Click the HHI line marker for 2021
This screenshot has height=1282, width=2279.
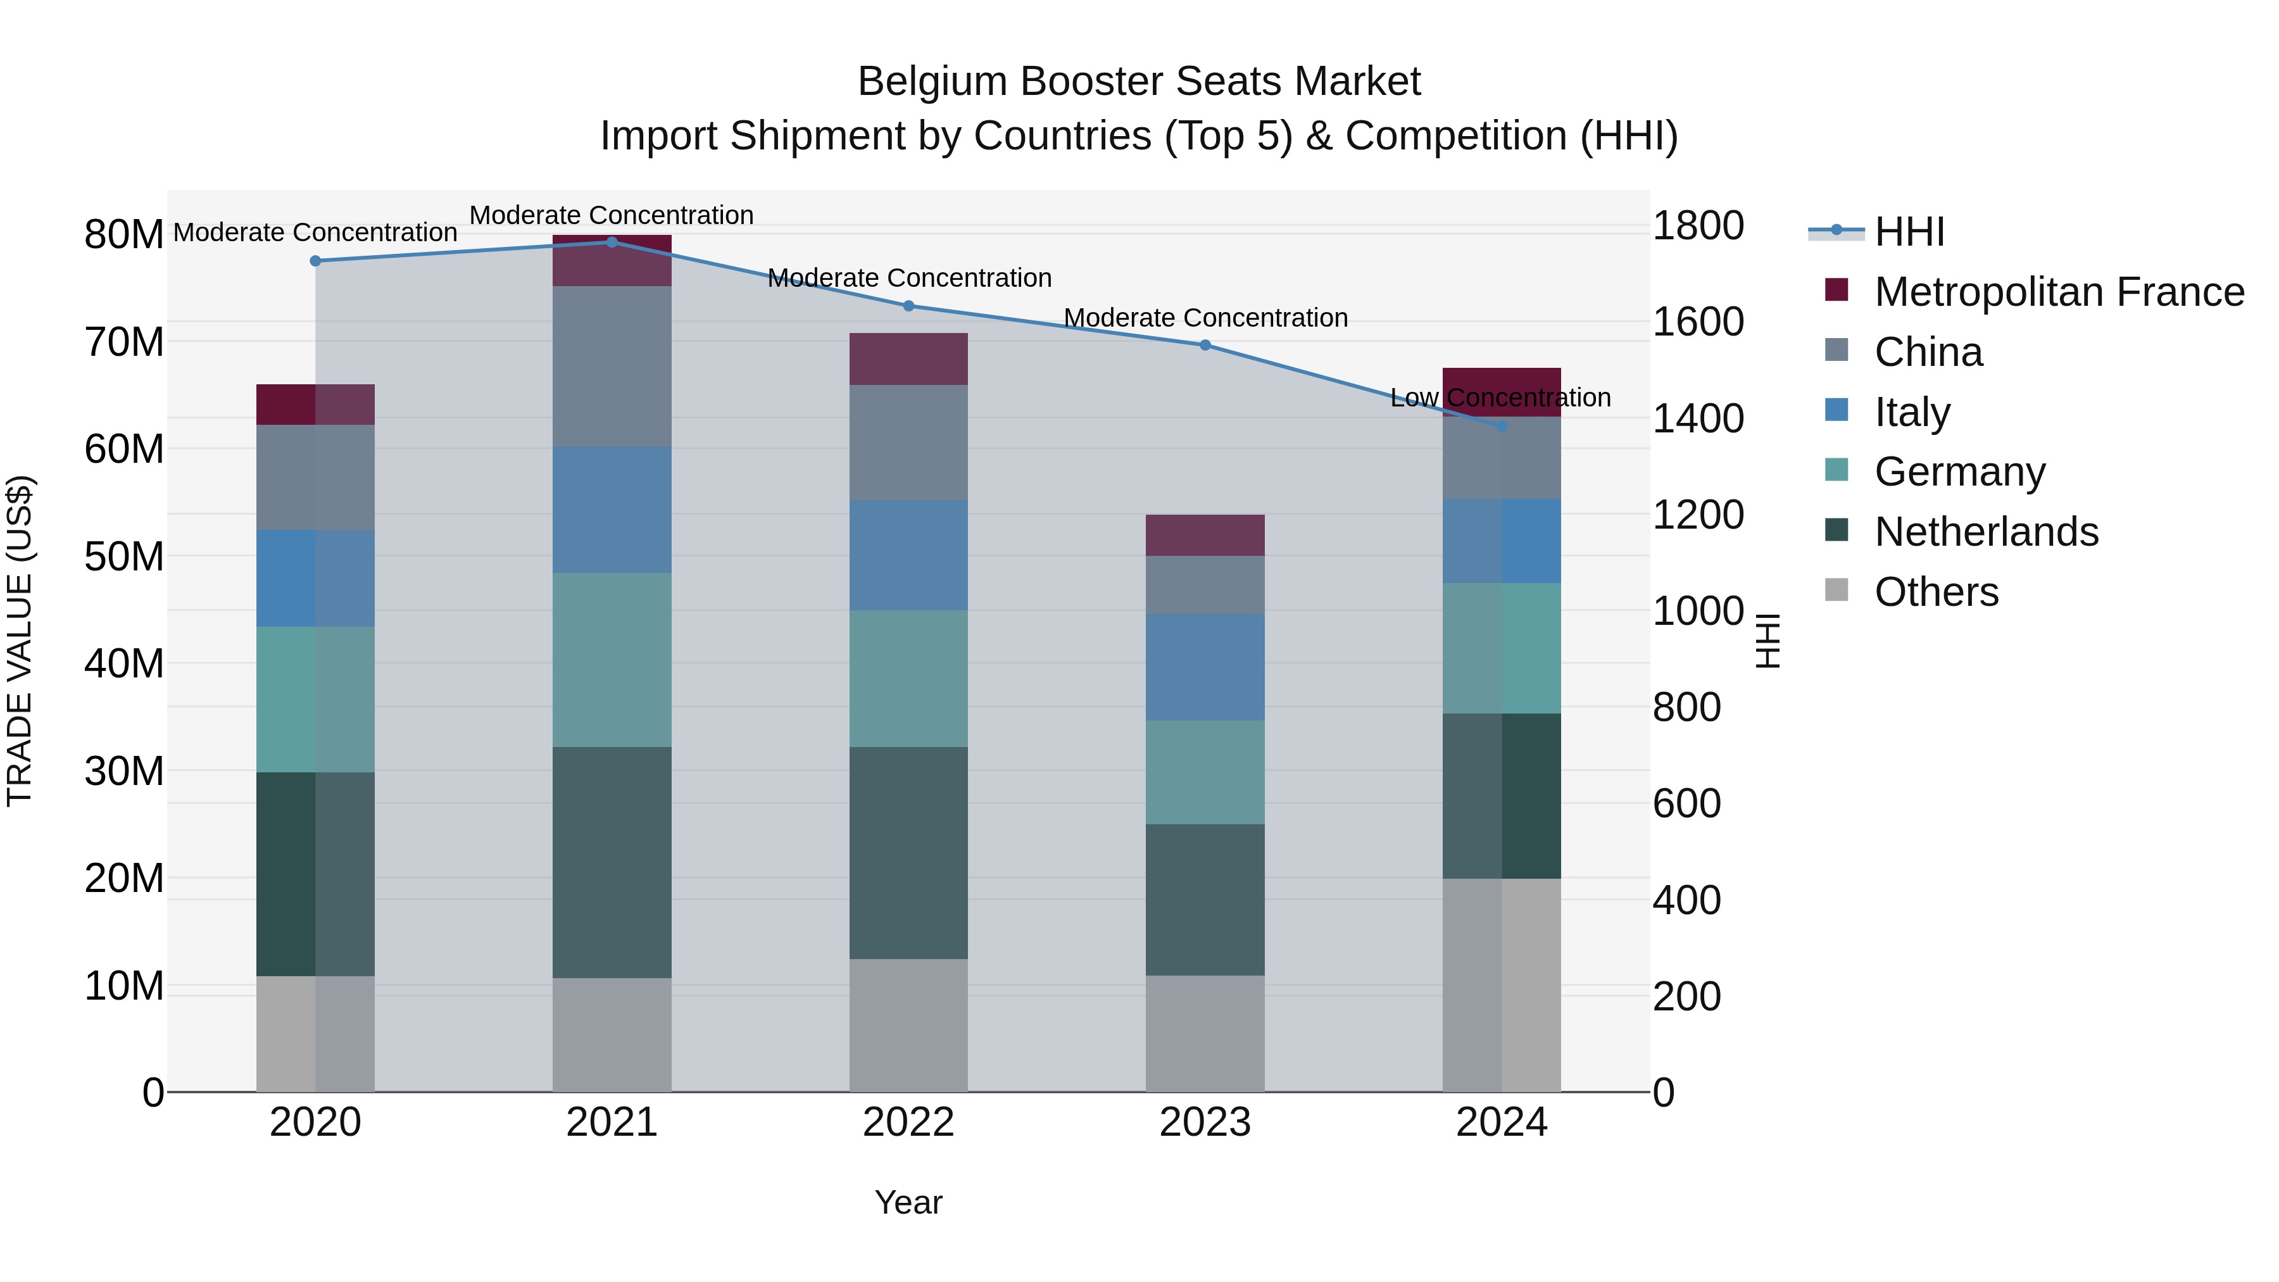[612, 242]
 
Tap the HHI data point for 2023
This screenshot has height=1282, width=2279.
[1205, 345]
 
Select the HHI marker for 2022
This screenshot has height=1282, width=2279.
[908, 306]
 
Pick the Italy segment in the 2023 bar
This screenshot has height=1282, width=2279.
[1205, 667]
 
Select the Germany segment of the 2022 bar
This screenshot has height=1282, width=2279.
[908, 679]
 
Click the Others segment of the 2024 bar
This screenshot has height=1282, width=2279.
[1502, 984]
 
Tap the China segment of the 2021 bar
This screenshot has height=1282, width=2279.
[612, 367]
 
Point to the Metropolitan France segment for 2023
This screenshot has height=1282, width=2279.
[1205, 535]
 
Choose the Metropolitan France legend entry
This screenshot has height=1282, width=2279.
[2058, 292]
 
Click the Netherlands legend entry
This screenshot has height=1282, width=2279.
[1985, 532]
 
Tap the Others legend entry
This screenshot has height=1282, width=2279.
[1936, 592]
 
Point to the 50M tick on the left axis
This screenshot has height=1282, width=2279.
[124, 556]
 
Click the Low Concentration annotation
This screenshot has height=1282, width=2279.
[1500, 398]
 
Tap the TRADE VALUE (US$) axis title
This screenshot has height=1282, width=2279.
[20, 641]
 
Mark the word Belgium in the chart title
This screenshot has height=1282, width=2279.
[932, 82]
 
